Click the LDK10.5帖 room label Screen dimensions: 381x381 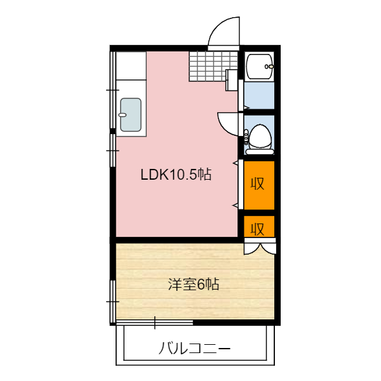[176, 174]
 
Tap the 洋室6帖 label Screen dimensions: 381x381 [194, 284]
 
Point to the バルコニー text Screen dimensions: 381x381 [195, 348]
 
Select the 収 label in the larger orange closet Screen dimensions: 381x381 [258, 184]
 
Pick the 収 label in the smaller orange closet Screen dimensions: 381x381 [258, 229]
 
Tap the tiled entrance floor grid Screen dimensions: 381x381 [213, 66]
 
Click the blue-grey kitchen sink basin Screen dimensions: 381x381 [131, 115]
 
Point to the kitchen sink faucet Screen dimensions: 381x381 [122, 115]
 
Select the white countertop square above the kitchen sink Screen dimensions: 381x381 [131, 65]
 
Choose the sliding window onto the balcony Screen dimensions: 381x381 [154, 323]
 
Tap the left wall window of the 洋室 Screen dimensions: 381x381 [113, 301]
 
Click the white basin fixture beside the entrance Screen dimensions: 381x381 [259, 67]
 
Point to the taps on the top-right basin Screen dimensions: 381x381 [269, 66]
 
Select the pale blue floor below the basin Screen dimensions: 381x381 [259, 95]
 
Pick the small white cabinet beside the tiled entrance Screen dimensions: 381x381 [232, 80]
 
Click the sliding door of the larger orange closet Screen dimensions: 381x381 [241, 184]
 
